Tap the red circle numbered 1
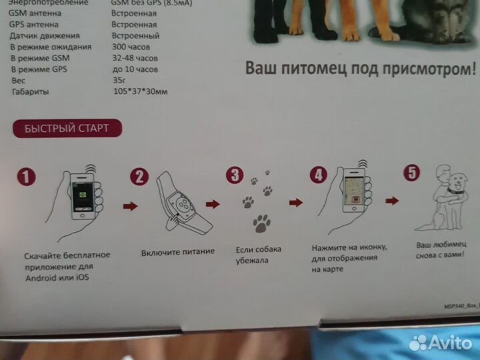pyautogui.click(x=25, y=177)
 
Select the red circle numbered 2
pyautogui.click(x=138, y=177)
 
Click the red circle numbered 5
pyautogui.click(x=413, y=173)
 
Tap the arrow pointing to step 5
pyautogui.click(x=392, y=200)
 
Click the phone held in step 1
pyautogui.click(x=82, y=193)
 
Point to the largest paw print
pyautogui.click(x=262, y=224)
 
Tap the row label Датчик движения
pyautogui.click(x=45, y=36)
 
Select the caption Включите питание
pyautogui.click(x=178, y=252)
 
